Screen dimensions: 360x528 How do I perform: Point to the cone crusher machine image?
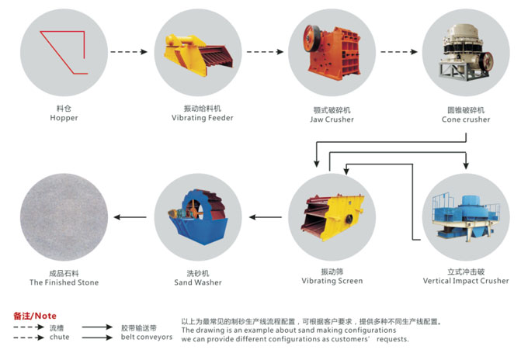pyautogui.click(x=465, y=51)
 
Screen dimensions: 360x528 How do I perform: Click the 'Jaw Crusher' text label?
pyautogui.click(x=332, y=119)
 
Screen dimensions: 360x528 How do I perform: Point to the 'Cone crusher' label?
pyautogui.click(x=466, y=119)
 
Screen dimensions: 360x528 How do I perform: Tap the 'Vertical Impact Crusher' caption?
pyautogui.click(x=467, y=281)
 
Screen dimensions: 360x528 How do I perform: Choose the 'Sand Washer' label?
pyautogui.click(x=198, y=282)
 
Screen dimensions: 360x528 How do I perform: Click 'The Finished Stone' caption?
pyautogui.click(x=64, y=282)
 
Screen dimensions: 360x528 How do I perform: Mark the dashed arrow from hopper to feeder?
pyautogui.click(x=128, y=52)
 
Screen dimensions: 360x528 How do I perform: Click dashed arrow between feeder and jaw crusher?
pyautogui.click(x=263, y=52)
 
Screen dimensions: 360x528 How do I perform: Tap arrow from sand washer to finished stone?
pyautogui.click(x=129, y=218)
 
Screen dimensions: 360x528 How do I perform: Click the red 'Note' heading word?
pyautogui.click(x=46, y=316)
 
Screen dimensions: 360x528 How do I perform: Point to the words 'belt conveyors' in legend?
pyautogui.click(x=147, y=337)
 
